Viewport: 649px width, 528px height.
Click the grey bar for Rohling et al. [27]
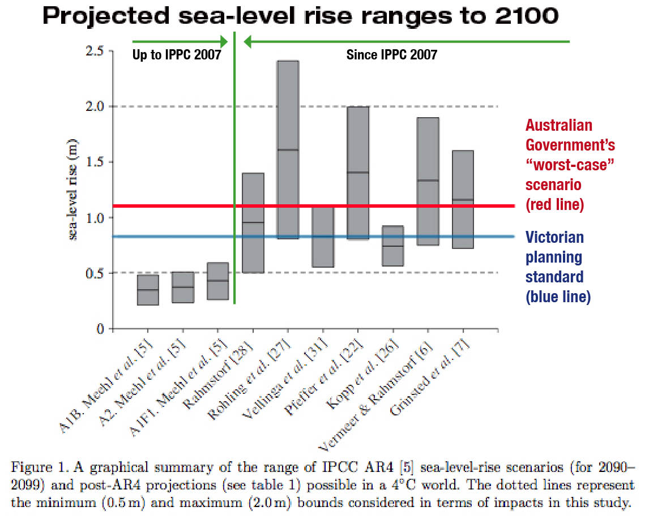click(288, 149)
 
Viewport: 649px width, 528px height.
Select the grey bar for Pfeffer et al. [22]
click(357, 173)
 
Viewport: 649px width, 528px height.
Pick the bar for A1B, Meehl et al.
click(148, 290)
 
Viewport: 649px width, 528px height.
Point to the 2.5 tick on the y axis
click(96, 51)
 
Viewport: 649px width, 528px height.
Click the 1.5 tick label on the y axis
click(96, 162)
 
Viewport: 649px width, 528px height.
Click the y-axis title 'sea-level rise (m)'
click(74, 190)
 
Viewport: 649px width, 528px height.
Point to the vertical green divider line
click(234, 170)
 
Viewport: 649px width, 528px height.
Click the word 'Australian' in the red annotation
click(560, 126)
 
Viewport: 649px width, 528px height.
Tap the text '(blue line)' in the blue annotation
click(558, 297)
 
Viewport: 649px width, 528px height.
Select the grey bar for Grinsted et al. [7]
click(463, 199)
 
